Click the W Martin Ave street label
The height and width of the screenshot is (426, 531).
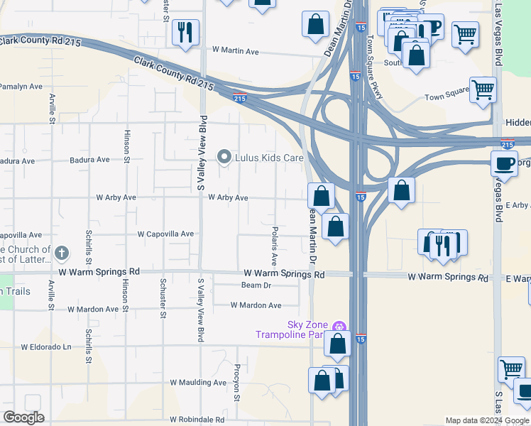pos(236,51)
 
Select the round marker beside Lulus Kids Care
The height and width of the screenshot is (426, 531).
pos(225,156)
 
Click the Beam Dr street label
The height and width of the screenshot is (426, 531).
pos(256,285)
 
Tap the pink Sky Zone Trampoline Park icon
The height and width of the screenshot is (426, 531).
pos(340,327)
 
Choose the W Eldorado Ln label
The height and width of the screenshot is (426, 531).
pos(46,347)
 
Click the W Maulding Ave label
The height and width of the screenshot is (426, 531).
pos(198,382)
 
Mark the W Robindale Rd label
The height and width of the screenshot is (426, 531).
pos(197,420)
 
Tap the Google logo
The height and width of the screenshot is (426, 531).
pos(23,417)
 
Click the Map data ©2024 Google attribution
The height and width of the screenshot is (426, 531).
pos(486,420)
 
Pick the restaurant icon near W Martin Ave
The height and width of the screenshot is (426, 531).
pos(185,32)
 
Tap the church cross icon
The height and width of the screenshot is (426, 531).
pos(62,252)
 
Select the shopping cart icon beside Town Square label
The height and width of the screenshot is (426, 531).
pos(483,89)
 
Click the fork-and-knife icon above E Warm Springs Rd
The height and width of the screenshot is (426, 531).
pos(440,245)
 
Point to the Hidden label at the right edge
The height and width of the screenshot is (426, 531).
pos(518,123)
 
